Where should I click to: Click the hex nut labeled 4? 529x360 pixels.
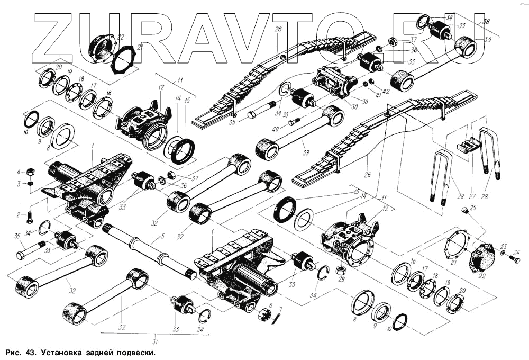point(31,172)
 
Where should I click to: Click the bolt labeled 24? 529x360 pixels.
point(515,259)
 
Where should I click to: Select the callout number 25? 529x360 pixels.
point(473,206)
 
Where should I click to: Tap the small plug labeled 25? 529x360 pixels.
point(464,211)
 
